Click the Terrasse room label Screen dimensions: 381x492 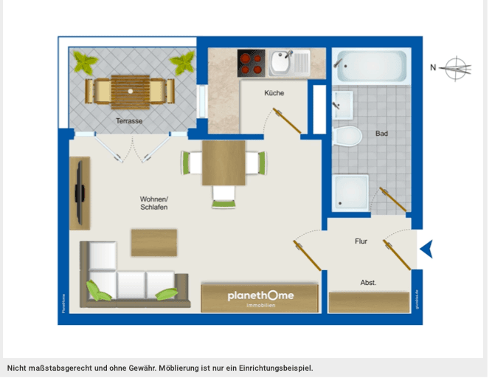point(129,120)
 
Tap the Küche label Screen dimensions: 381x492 point(274,93)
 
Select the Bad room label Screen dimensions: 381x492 point(381,134)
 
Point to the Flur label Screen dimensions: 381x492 point(361,241)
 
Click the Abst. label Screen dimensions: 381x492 point(368,282)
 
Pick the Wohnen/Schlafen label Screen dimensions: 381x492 point(154,203)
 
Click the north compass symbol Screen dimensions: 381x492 point(457,69)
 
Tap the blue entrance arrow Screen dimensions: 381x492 point(426,249)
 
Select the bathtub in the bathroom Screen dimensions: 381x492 point(371,66)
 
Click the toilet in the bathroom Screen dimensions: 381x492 point(347,136)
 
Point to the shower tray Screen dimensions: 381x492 point(350,192)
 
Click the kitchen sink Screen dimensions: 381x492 point(281,63)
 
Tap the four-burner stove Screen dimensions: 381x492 point(251,63)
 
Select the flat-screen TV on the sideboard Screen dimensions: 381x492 point(78,194)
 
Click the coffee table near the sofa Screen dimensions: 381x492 point(154,242)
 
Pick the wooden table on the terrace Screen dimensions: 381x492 point(130,90)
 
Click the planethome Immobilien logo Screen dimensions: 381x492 point(260,298)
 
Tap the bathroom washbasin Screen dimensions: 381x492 point(342,105)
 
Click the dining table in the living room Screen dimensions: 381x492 point(224,163)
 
